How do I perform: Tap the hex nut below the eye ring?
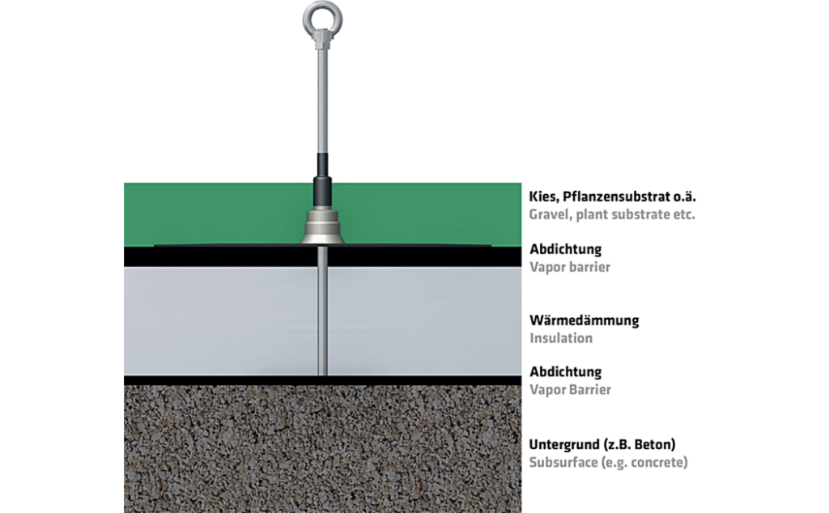click(x=322, y=39)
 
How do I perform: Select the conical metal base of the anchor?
click(x=322, y=227)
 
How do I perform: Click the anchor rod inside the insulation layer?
click(x=322, y=321)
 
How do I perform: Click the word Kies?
click(x=543, y=197)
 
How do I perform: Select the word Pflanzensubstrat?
click(x=616, y=197)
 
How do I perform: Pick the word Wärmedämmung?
click(x=585, y=320)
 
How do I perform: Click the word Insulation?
click(x=561, y=338)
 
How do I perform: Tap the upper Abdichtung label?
click(x=566, y=249)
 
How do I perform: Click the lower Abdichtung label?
click(x=566, y=372)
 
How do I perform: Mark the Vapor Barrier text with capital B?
click(x=571, y=390)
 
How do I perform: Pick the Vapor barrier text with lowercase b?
click(x=570, y=267)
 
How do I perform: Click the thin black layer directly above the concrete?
click(x=322, y=380)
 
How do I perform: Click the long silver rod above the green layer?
click(x=322, y=100)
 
